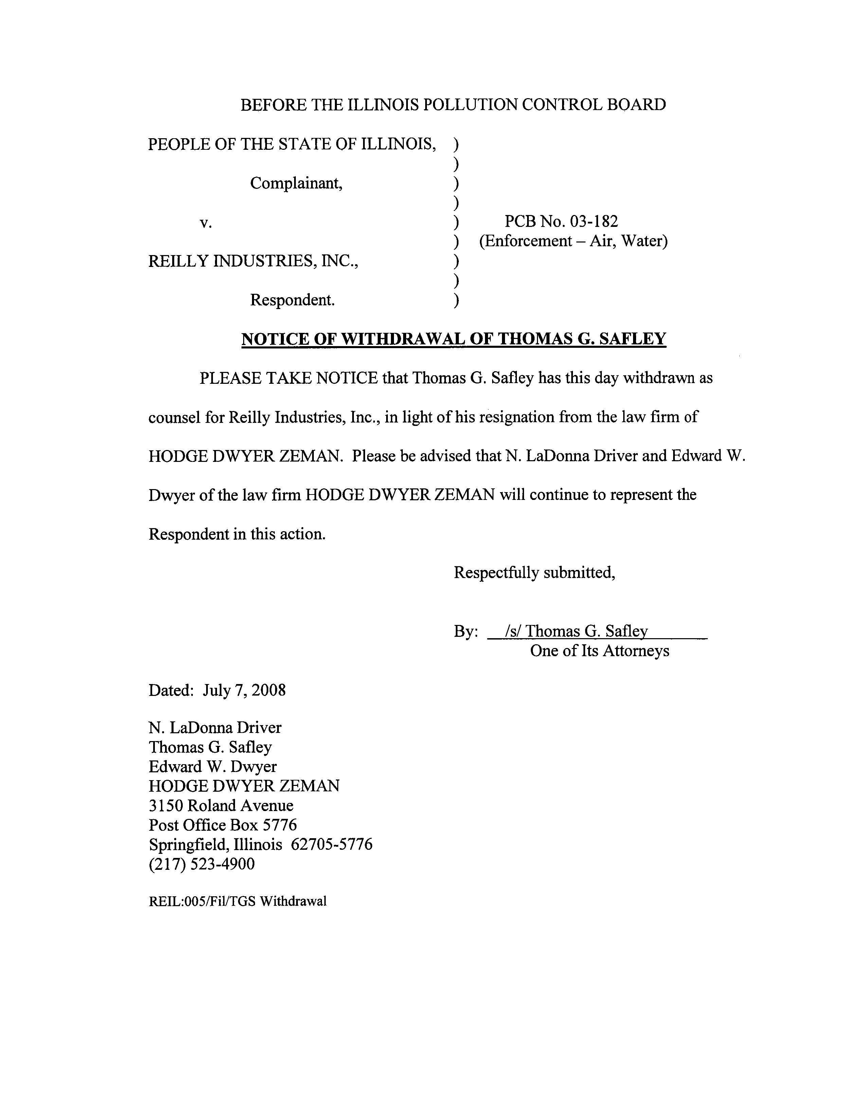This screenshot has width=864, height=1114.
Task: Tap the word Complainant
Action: click(296, 183)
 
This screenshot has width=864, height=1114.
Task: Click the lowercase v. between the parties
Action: click(205, 223)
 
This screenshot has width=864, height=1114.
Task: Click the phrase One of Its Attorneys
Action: click(599, 651)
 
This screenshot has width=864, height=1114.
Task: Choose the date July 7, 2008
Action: click(244, 690)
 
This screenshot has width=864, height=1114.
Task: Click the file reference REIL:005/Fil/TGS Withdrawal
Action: click(237, 901)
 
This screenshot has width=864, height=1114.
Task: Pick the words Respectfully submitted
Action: click(534, 573)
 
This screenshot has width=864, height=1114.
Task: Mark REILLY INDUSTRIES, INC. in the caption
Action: click(253, 261)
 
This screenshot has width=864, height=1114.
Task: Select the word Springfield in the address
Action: click(189, 845)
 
